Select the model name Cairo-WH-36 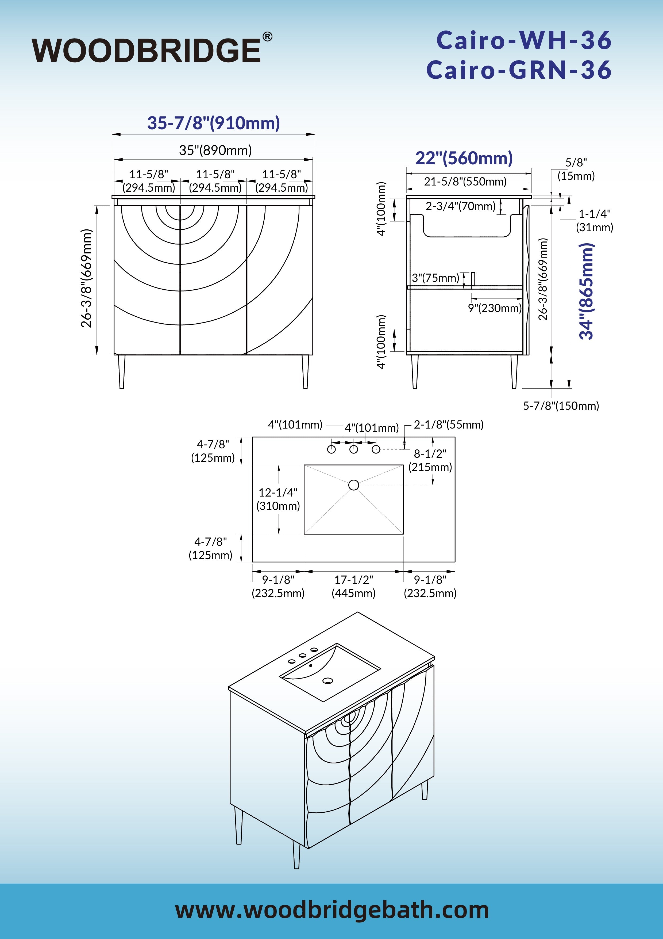point(524,40)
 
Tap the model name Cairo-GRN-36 point(519,70)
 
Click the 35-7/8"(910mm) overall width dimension point(214,123)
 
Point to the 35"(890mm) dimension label point(215,150)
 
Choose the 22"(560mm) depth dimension point(464,158)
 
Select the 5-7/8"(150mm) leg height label point(561,406)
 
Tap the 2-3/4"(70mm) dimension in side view point(460,206)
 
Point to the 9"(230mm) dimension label point(495,308)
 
